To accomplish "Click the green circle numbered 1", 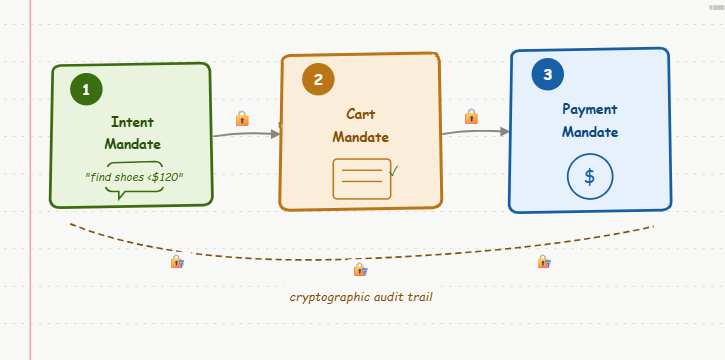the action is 86,89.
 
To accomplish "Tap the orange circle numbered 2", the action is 318,79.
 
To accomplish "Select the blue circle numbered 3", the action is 547,74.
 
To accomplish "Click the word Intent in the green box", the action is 133,122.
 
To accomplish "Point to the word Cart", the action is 361,114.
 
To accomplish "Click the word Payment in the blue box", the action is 590,109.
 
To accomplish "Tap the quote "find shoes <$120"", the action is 134,177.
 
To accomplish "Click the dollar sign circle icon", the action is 590,177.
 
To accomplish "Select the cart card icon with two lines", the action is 362,179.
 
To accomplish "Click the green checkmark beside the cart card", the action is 394,171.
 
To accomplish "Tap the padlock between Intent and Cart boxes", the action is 242,118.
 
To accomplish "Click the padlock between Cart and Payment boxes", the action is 471,116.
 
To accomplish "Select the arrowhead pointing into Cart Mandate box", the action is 276,134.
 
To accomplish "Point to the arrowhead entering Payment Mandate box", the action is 504,132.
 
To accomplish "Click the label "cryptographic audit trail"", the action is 361,297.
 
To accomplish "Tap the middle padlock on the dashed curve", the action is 361,269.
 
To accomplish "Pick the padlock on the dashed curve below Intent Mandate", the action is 178,262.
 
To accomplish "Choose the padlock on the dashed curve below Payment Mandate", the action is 544,262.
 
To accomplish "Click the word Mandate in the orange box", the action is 361,137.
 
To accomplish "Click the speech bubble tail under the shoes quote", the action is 120,195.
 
